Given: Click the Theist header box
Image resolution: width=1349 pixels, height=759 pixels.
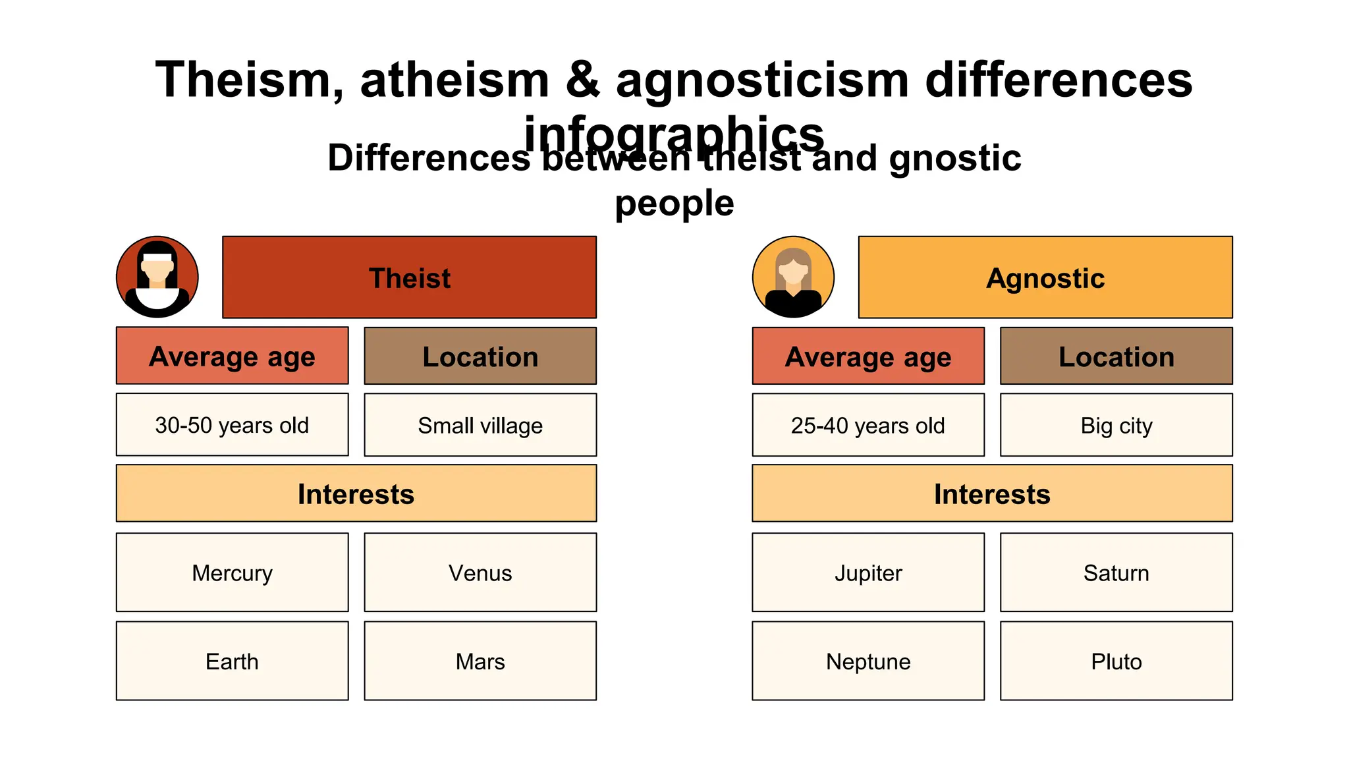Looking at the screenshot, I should (409, 277).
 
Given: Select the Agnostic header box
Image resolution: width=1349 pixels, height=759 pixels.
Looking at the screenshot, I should (1045, 277).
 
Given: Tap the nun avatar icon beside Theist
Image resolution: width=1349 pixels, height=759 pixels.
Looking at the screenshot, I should (157, 277).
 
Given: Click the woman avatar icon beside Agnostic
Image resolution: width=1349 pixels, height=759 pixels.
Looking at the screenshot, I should (793, 277).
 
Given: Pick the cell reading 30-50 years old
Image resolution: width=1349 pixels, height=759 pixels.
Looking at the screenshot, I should (232, 425).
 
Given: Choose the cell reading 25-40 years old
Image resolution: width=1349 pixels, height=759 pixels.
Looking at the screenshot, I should (867, 425).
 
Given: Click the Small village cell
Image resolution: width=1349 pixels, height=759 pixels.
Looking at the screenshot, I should (480, 425).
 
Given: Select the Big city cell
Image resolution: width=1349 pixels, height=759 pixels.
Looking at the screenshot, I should (1116, 425).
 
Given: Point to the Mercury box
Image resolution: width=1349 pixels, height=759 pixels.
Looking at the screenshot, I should (232, 573).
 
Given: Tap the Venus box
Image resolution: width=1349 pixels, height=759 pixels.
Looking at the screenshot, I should (480, 573).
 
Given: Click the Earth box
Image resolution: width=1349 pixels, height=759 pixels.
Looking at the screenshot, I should (232, 661).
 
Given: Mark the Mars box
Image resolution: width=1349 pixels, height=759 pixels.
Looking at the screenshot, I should (480, 661).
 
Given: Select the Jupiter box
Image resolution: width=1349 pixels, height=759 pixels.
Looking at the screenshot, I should (867, 573).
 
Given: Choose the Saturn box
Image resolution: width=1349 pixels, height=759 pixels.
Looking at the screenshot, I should (1116, 573).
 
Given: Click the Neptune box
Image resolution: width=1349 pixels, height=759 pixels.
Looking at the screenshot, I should (867, 661).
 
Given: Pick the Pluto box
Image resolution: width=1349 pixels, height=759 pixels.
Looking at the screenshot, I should (1116, 661).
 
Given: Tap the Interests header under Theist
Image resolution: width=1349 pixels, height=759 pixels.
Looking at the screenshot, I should (356, 493).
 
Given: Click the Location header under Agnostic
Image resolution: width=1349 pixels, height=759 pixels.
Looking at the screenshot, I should (1116, 356).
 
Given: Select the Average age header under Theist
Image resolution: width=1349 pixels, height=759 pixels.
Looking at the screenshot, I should (232, 356).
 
